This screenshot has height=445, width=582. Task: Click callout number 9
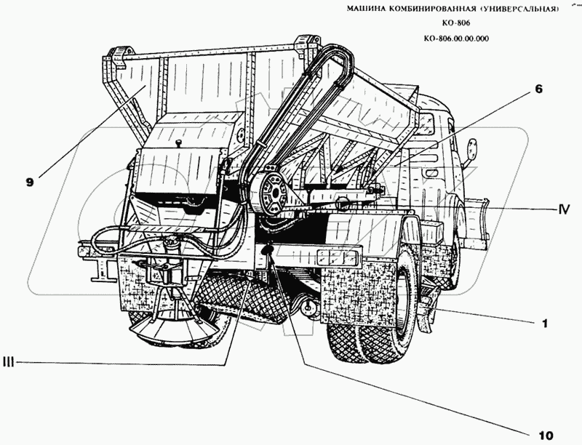tap(29, 183)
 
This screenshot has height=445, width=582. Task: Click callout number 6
tap(539, 89)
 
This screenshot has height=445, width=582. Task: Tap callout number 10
tap(545, 436)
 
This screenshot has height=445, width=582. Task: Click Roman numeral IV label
tap(563, 209)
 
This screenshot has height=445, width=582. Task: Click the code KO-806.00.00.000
tap(455, 40)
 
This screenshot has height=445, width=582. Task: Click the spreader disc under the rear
tap(172, 330)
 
